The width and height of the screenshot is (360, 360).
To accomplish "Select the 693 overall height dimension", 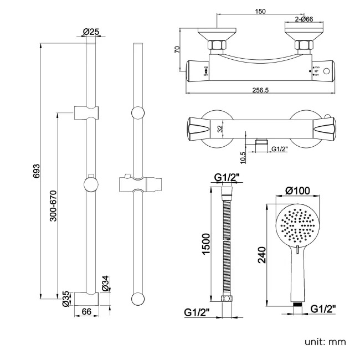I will tap(37, 169).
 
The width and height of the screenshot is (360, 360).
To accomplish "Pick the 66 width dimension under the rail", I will tap(86, 312).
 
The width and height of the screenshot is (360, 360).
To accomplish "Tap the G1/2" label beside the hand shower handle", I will tap(323, 308).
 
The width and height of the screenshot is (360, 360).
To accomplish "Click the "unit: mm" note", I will tap(325, 341).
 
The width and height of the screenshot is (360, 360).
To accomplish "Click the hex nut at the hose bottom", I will tap(227, 300).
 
